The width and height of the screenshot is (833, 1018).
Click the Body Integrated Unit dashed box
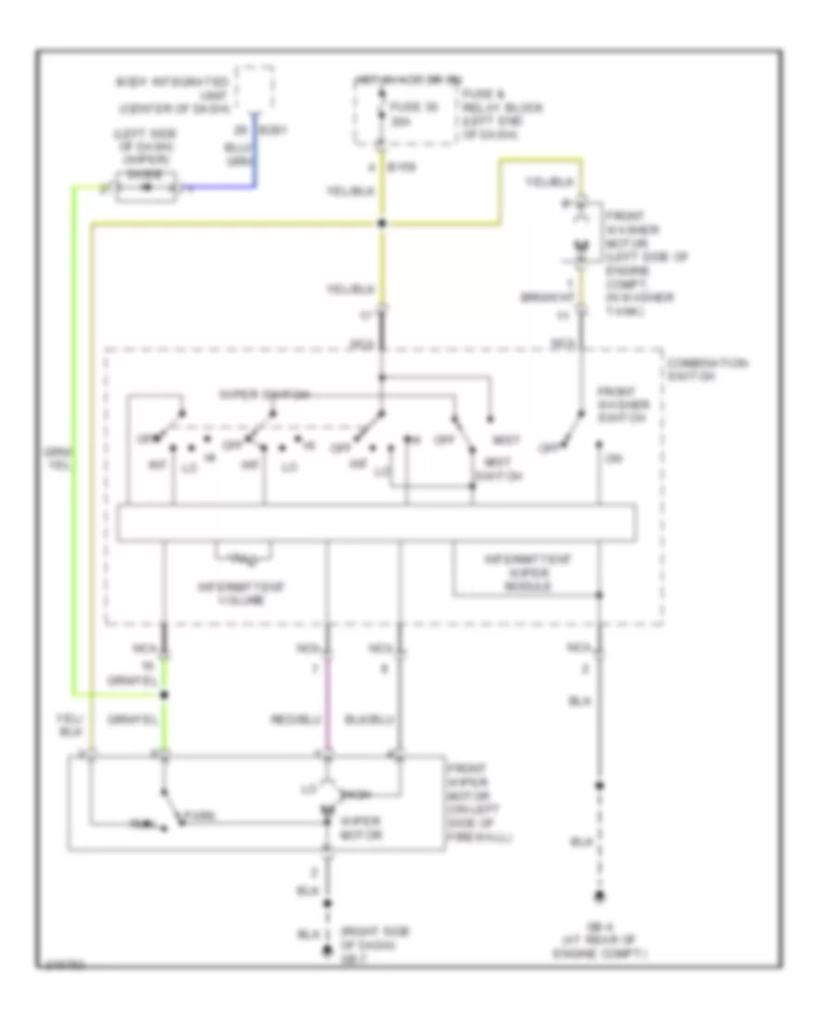click(255, 88)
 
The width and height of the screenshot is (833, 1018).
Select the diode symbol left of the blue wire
click(143, 189)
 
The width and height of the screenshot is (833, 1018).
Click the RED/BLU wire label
click(311, 718)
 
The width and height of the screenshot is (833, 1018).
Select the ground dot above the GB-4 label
click(600, 896)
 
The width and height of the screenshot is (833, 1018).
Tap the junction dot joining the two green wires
click(165, 693)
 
